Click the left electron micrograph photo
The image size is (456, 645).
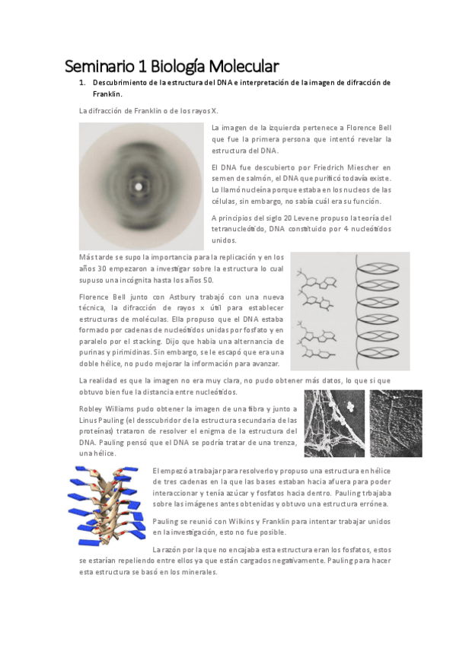(x=333, y=424)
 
